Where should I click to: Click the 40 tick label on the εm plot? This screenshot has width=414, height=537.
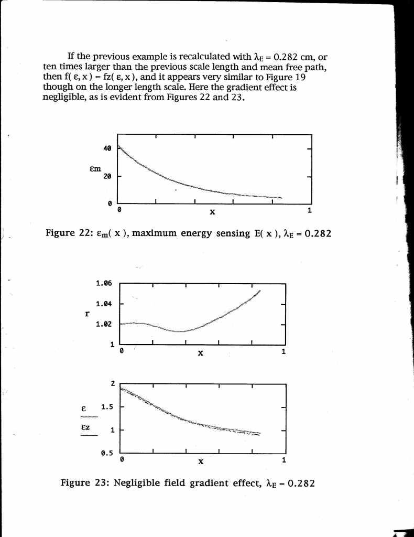107,149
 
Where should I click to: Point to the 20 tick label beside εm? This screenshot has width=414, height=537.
107,176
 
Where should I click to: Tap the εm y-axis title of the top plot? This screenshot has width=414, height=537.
95,169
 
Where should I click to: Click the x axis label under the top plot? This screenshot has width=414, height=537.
212,212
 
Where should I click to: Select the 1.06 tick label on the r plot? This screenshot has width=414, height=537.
103,284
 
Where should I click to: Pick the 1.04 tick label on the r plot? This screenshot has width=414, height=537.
103,304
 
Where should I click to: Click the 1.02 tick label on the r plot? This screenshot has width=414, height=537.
103,324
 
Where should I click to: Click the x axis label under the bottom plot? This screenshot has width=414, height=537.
200,462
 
